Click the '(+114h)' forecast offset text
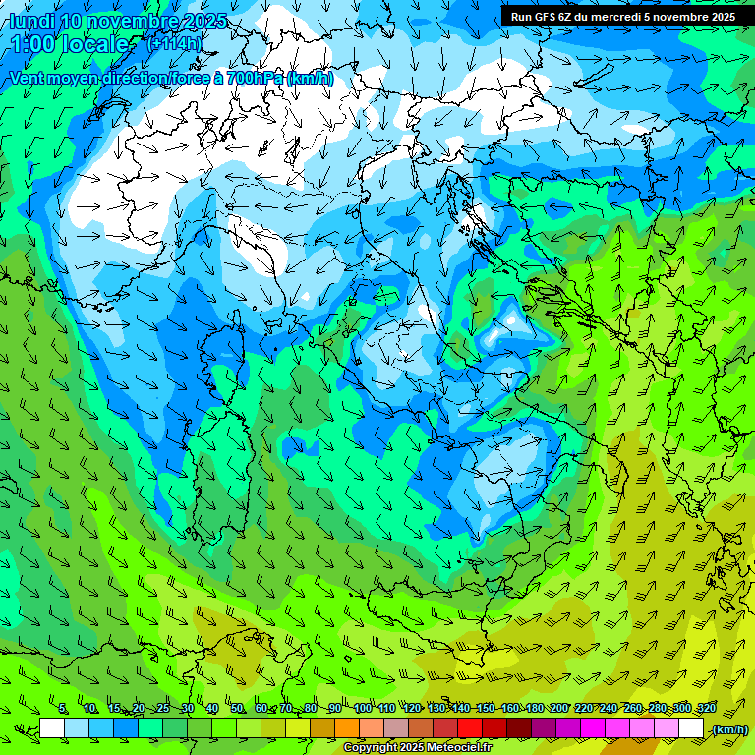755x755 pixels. tap(174, 43)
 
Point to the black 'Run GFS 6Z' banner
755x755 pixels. tap(623, 16)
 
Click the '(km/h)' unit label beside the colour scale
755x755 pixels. tap(728, 729)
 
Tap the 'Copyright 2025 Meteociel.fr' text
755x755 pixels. tap(417, 748)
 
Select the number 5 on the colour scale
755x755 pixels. tap(63, 709)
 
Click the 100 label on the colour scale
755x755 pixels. tap(363, 709)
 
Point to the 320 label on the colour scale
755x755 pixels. tap(706, 709)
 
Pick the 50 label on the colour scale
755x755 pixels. tap(237, 709)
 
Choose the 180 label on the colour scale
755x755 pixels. tap(534, 709)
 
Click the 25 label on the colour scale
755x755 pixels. tap(162, 709)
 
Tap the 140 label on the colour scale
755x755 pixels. tap(460, 709)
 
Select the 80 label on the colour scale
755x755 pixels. tap(312, 709)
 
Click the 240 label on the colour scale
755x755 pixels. tap(609, 709)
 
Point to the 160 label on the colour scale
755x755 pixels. tap(509, 709)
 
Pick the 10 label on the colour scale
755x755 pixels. tap(89, 709)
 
